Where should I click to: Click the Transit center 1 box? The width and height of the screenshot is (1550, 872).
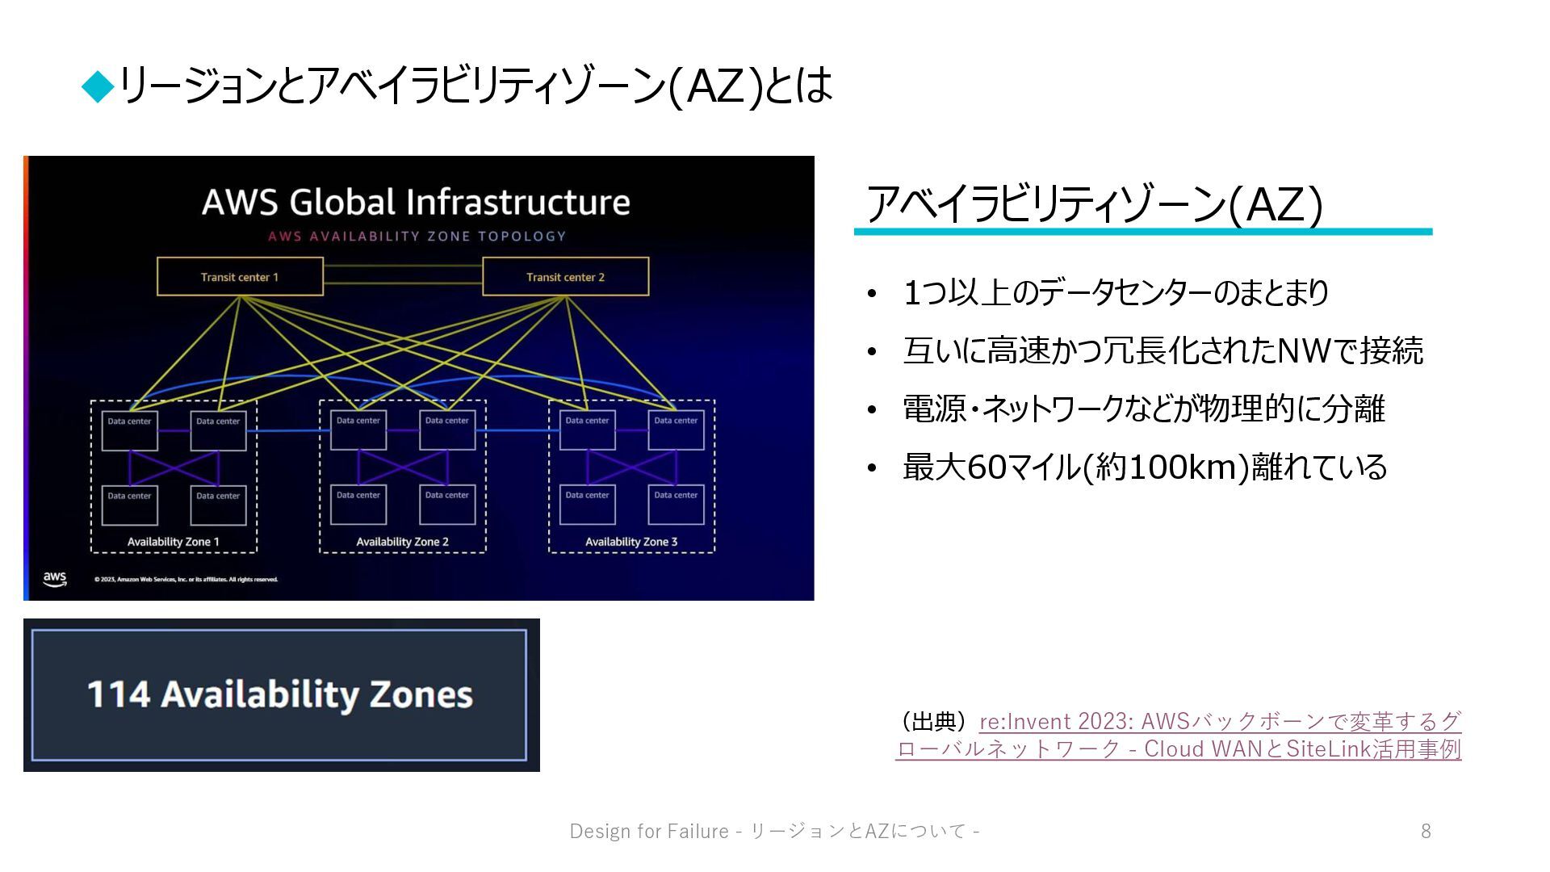tap(240, 277)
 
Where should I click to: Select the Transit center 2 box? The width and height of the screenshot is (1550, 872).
tap(565, 277)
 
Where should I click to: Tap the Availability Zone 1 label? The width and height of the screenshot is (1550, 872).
tap(174, 542)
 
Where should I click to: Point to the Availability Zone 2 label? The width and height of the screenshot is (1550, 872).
tap(402, 542)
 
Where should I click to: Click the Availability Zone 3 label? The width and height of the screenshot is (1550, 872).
tap(631, 542)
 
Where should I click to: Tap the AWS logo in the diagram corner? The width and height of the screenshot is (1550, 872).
tap(55, 579)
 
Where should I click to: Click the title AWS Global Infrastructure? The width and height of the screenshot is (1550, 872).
tap(416, 202)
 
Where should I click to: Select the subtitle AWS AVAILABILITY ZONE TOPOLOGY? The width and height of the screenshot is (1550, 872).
tap(417, 237)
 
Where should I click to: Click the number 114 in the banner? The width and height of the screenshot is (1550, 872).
tap(118, 694)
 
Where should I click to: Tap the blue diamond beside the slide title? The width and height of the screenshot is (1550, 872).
tap(98, 86)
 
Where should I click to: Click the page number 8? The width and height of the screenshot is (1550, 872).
tap(1426, 831)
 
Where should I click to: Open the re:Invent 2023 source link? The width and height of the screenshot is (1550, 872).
tap(1219, 721)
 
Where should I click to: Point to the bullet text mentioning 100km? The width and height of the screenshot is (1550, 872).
tap(1144, 467)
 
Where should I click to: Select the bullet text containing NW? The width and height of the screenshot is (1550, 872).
tap(1162, 350)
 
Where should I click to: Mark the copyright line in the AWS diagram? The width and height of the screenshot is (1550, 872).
tap(186, 580)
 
